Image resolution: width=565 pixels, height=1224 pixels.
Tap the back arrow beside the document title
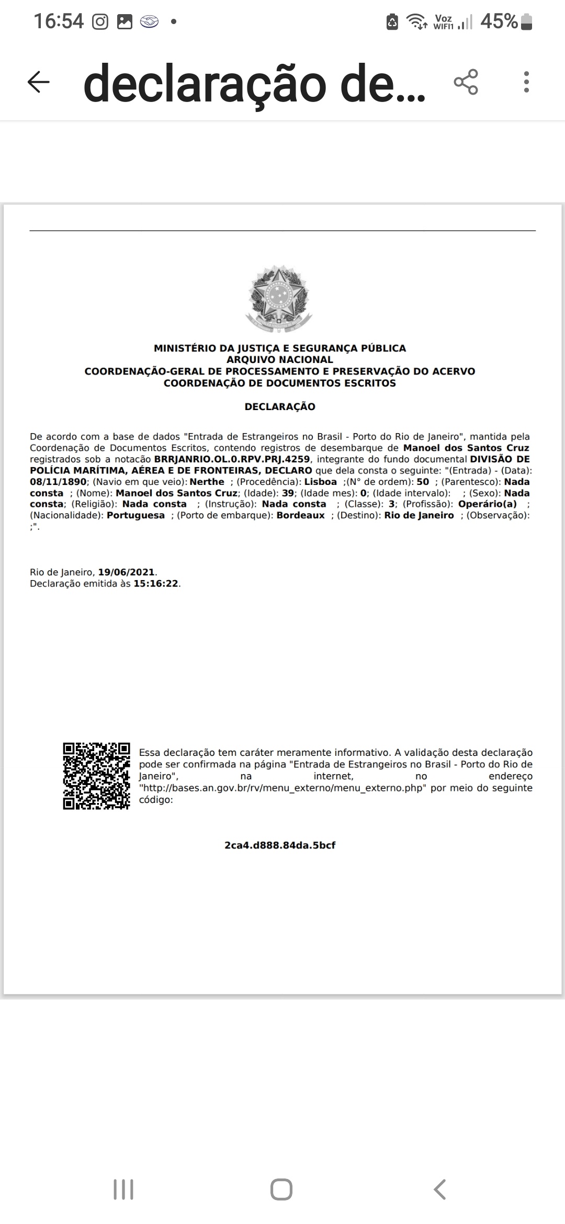click(x=38, y=82)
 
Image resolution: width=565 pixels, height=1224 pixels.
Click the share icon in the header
click(x=466, y=82)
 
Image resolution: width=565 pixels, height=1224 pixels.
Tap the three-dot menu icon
click(x=526, y=82)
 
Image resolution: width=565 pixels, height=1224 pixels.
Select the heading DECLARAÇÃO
click(x=280, y=406)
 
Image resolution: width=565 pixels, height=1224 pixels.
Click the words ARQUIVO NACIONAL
click(x=280, y=359)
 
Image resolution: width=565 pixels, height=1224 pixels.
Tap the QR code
click(x=96, y=776)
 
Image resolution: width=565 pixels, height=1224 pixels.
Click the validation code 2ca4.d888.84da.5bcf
click(x=280, y=845)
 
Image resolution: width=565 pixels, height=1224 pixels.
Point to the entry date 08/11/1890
click(x=58, y=482)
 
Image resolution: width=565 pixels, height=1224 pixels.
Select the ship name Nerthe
click(x=207, y=482)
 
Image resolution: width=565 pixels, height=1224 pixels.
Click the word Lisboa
click(x=320, y=482)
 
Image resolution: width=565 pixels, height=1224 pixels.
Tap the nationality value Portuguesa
click(x=135, y=515)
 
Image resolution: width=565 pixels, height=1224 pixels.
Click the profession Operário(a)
click(x=487, y=504)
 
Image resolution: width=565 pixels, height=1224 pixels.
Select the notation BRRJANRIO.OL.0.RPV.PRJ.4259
click(x=232, y=459)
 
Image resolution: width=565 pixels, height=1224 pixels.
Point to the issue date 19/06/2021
click(x=127, y=572)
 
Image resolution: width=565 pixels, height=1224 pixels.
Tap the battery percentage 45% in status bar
click(x=499, y=21)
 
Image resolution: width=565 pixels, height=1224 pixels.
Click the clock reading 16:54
click(x=59, y=21)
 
